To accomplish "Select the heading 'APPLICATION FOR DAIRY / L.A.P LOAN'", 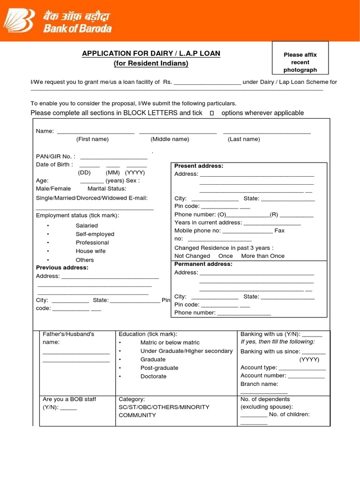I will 151,53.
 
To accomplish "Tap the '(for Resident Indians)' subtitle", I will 151,63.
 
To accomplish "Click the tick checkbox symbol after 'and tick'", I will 212,113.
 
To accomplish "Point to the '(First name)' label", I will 92,139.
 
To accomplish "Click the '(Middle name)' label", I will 170,139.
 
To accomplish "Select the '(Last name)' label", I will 244,139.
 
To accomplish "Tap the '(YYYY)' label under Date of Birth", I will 135,172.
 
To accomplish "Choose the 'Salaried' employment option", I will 87,225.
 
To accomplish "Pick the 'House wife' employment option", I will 90,251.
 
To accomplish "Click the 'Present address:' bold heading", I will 199,166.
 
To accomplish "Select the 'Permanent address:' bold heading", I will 203,264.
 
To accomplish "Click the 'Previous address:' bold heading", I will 62,268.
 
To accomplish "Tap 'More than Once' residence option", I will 262,256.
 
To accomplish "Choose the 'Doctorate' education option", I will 153,376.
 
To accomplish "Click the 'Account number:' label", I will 263,375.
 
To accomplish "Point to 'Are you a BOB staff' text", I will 69,399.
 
